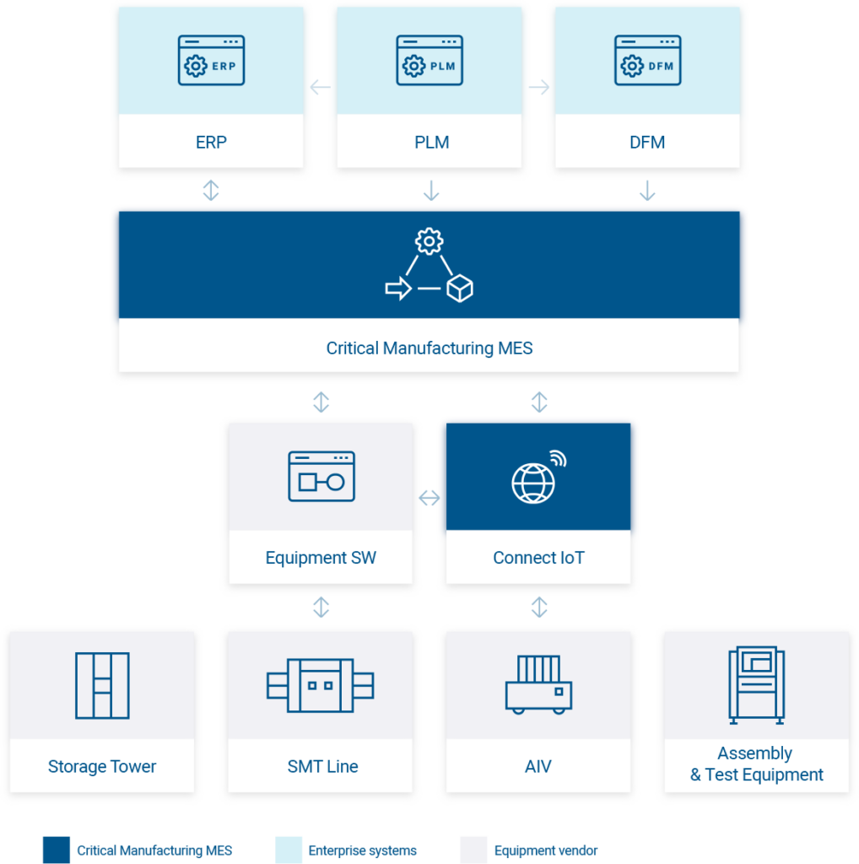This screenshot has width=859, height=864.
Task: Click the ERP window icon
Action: pos(211,60)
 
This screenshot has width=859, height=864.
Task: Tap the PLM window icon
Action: pos(429,60)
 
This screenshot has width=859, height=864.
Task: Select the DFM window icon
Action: pos(647,60)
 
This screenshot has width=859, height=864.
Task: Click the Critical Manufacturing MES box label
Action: pos(429,348)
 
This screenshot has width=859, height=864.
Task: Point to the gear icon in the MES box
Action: pos(429,242)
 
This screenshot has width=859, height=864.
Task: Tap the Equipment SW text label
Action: pos(321,558)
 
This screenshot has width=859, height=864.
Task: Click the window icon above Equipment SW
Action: pos(321,477)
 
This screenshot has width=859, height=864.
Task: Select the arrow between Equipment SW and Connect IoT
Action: pos(429,498)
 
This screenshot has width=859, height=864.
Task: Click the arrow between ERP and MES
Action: pos(211,191)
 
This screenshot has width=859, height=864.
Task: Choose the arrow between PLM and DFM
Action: pos(538,87)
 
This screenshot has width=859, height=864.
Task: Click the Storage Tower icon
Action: pos(102,685)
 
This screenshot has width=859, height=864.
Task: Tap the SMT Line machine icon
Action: pos(321,684)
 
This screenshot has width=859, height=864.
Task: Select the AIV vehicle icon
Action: pos(538,685)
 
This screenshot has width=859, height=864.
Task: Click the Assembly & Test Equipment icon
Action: pos(756,684)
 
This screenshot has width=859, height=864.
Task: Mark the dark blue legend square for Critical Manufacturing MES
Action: pos(57,850)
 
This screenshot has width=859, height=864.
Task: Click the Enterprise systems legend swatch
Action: pos(289,850)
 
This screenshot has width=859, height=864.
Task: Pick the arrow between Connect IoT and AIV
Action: pos(538,607)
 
